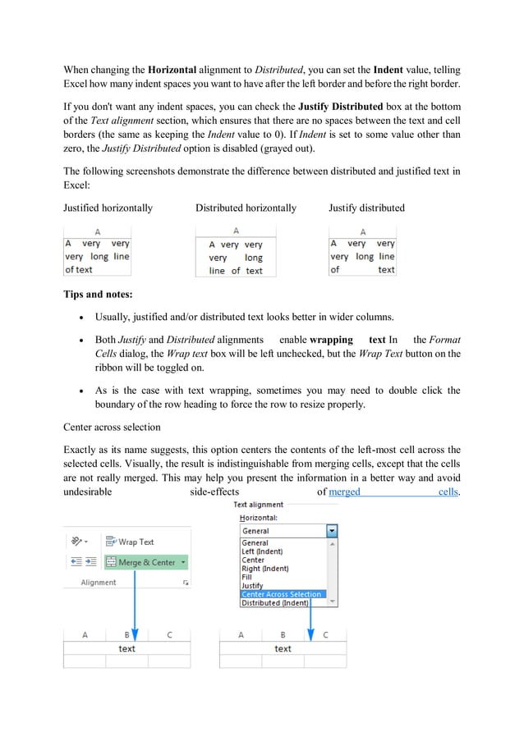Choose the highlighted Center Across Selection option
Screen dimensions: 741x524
[x=282, y=594]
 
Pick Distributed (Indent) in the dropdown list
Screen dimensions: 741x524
[x=274, y=603]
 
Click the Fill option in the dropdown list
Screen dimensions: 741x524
[x=247, y=577]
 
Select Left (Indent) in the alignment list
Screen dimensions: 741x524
[x=262, y=551]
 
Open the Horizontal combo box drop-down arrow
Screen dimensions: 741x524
[x=332, y=531]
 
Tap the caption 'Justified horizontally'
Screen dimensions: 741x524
[x=108, y=208]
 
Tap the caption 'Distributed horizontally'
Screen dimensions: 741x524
[x=246, y=208]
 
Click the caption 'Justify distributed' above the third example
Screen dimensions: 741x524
[x=366, y=208]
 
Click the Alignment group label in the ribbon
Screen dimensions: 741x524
[x=99, y=583]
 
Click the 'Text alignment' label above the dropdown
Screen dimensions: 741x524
[x=259, y=505]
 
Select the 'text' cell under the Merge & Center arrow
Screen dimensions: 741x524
[x=127, y=648]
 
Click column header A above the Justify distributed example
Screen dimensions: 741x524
[x=362, y=232]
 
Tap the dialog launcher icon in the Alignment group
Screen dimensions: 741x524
[x=186, y=583]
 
